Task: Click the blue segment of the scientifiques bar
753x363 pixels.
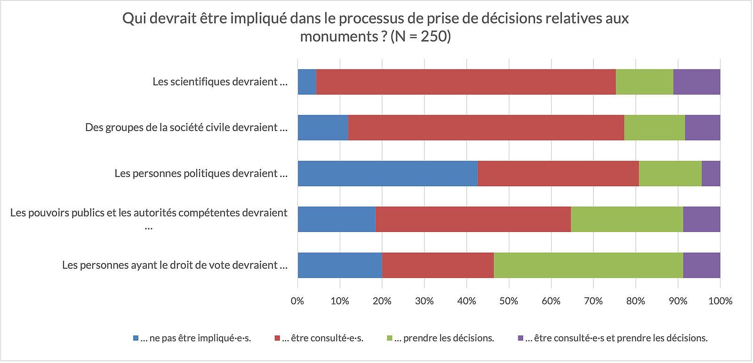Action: click(x=307, y=82)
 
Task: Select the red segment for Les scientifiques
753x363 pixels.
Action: click(x=466, y=82)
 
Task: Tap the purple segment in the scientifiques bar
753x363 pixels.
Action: click(x=697, y=82)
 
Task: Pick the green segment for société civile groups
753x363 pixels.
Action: click(x=655, y=128)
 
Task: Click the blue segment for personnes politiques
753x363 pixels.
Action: click(x=387, y=173)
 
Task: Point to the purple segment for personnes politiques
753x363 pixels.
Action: click(x=711, y=173)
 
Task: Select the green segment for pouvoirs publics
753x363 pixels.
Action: click(x=627, y=219)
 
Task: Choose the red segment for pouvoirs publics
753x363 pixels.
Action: click(x=473, y=219)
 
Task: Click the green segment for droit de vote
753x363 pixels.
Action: click(x=588, y=265)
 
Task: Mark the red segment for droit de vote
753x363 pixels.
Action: click(x=438, y=265)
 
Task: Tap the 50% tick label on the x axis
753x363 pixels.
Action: click(x=509, y=301)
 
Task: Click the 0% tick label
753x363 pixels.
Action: click(x=297, y=301)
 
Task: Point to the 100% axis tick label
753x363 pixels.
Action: click(x=720, y=301)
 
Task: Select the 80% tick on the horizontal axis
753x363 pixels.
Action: click(x=636, y=301)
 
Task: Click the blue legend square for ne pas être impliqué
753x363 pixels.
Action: click(x=136, y=338)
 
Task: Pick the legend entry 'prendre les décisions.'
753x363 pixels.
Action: click(x=444, y=338)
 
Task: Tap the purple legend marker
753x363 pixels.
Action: click(x=521, y=338)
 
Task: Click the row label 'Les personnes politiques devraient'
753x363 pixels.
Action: click(x=201, y=173)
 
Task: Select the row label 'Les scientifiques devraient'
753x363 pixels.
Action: click(x=220, y=82)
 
